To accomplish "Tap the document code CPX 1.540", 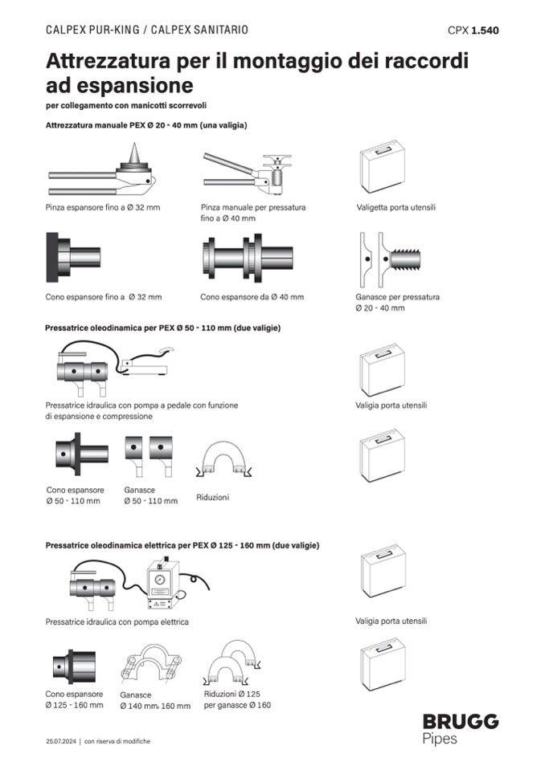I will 473,31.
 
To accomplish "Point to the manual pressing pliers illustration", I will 245,173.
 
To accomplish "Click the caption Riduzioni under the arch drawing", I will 212,498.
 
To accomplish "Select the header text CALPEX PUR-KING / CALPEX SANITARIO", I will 147,30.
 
